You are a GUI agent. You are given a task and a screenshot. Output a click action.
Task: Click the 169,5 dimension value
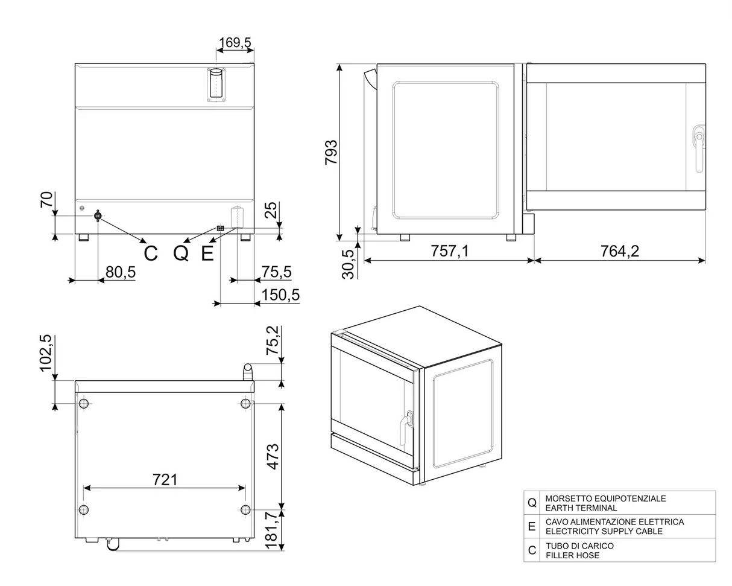(235, 42)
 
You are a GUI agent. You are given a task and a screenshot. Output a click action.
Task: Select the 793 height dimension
(331, 153)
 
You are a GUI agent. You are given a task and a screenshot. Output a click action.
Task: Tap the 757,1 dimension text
(449, 250)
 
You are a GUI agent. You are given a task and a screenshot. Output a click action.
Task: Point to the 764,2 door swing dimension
(619, 250)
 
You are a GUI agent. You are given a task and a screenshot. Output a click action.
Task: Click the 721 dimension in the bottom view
(165, 479)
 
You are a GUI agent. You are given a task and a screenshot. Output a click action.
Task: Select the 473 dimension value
(273, 457)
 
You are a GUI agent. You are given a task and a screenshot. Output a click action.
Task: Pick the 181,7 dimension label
(273, 530)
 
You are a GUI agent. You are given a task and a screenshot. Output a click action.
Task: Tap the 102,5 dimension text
(46, 354)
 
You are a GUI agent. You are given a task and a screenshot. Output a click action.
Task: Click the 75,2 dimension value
(273, 340)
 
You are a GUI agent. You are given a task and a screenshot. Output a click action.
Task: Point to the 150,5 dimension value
(280, 295)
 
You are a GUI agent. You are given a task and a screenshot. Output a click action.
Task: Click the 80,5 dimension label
(121, 272)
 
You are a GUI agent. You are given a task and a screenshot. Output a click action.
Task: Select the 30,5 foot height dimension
(348, 264)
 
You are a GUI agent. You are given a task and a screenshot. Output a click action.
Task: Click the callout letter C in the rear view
(151, 253)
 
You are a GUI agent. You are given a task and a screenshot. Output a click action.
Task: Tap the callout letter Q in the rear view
(181, 253)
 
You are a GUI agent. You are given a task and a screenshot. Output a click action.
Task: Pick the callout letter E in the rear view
(207, 253)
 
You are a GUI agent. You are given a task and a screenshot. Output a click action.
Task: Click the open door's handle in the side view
(698, 148)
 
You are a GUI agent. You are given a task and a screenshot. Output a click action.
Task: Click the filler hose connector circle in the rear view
(98, 215)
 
